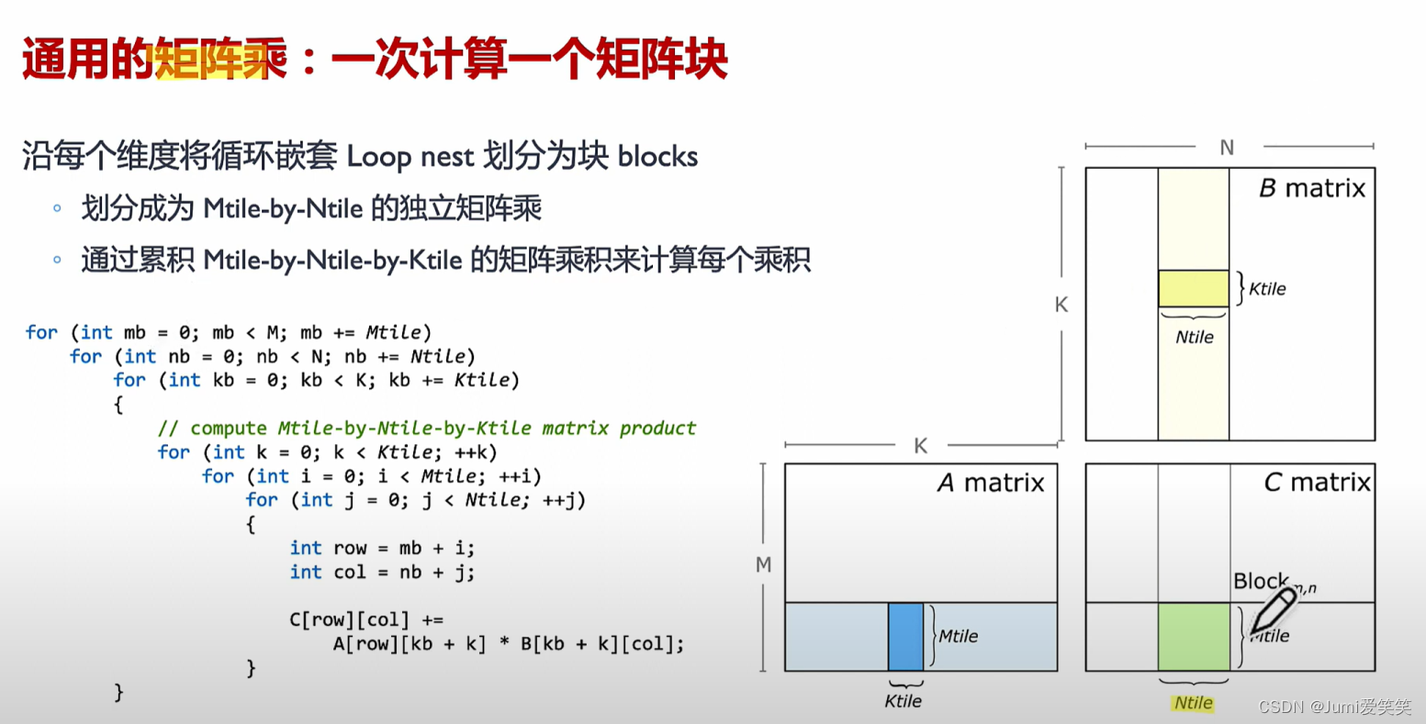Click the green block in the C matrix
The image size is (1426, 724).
(x=1194, y=637)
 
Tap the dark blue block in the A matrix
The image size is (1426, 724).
(x=905, y=637)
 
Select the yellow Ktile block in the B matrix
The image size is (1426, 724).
(x=1193, y=288)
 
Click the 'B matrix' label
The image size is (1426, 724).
(x=1312, y=189)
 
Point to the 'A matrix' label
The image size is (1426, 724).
(x=991, y=484)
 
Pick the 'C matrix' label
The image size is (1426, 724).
(x=1317, y=483)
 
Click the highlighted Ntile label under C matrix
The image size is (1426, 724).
(x=1193, y=703)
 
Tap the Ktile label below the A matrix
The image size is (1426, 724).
(x=903, y=701)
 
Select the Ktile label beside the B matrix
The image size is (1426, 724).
(x=1267, y=289)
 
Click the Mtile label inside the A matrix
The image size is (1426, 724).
(x=958, y=636)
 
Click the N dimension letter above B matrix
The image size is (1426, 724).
(x=1227, y=148)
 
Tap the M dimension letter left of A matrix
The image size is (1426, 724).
(x=763, y=565)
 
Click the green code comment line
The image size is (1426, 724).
(x=427, y=429)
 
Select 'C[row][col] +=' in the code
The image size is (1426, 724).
(x=366, y=620)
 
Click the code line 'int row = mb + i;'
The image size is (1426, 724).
(x=382, y=549)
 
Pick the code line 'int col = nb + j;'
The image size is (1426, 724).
(x=382, y=573)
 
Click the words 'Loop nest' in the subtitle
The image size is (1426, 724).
(x=410, y=157)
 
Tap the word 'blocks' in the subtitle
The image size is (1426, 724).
(x=657, y=157)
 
